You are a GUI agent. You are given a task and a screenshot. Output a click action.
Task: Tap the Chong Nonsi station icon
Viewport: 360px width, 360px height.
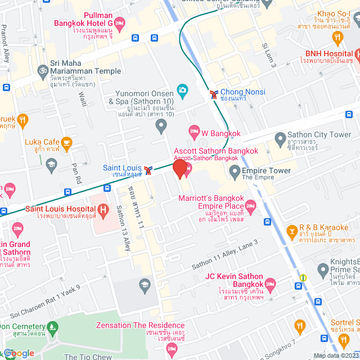[x=213, y=93]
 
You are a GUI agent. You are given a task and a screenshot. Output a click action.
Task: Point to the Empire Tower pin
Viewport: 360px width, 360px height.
[x=233, y=173]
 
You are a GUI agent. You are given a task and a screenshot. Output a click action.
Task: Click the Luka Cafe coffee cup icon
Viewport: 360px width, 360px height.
[x=66, y=142]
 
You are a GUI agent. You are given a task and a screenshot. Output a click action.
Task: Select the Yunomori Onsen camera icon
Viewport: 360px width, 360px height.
[x=182, y=90]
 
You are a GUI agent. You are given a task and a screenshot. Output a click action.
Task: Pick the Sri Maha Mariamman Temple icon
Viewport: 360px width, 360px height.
[x=41, y=71]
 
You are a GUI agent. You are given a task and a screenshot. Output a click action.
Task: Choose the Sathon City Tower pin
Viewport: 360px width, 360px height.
[x=280, y=138]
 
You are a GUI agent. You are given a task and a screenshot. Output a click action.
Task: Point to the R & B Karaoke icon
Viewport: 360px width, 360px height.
[x=292, y=231]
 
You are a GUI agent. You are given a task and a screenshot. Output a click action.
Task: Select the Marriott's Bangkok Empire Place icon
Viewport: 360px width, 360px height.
[x=250, y=204]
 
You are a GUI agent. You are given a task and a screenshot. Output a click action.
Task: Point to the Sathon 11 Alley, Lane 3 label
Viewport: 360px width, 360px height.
[x=226, y=251]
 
